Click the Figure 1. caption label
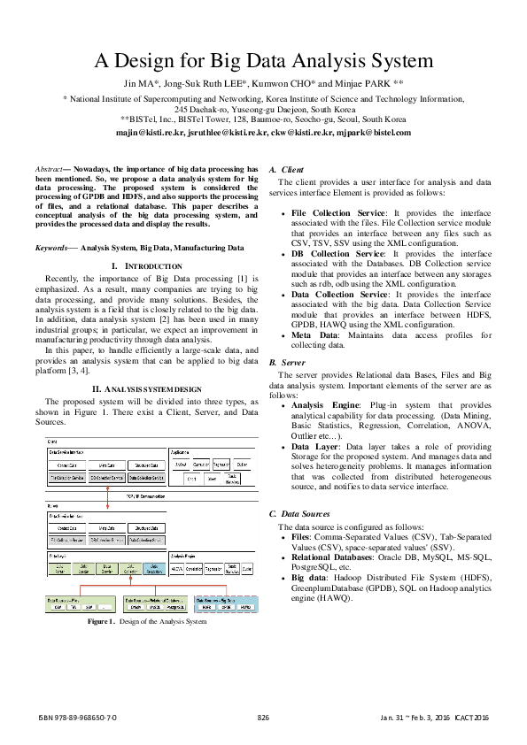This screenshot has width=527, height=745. pos(87,622)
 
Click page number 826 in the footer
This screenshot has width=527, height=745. pos(263,716)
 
